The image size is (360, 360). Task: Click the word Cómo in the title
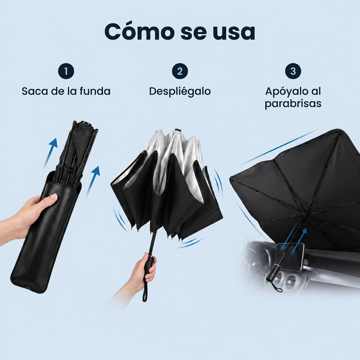click(139, 31)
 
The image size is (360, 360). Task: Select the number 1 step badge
click(66, 71)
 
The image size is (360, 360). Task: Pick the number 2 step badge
click(180, 71)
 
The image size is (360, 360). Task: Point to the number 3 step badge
click(293, 71)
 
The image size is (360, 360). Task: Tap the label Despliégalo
click(180, 92)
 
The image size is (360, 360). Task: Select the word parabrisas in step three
click(293, 103)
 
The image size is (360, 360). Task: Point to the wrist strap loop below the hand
click(144, 294)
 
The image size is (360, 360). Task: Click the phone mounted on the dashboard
click(290, 256)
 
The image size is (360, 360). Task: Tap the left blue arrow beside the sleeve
click(50, 153)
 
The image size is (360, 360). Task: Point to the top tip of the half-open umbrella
click(178, 130)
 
